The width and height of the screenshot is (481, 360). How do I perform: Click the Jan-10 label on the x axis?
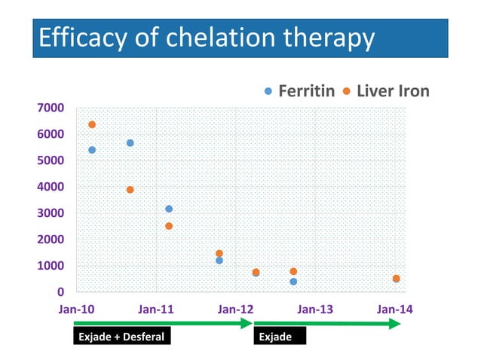point(77,310)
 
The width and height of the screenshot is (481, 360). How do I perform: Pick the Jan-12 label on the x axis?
point(235,310)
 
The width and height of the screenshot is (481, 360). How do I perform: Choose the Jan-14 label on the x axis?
point(394,310)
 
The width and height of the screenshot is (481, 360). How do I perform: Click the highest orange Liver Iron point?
point(92,124)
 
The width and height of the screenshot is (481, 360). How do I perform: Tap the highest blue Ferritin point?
point(130,142)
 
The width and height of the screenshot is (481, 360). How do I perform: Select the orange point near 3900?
point(130,190)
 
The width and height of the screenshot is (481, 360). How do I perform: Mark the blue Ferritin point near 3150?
point(169,209)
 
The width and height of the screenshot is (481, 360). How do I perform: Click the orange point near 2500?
point(169,226)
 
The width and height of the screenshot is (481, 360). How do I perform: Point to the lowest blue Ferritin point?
point(293,282)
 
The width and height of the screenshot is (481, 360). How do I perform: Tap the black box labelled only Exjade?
point(280,337)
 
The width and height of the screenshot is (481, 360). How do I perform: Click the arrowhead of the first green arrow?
point(246,323)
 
